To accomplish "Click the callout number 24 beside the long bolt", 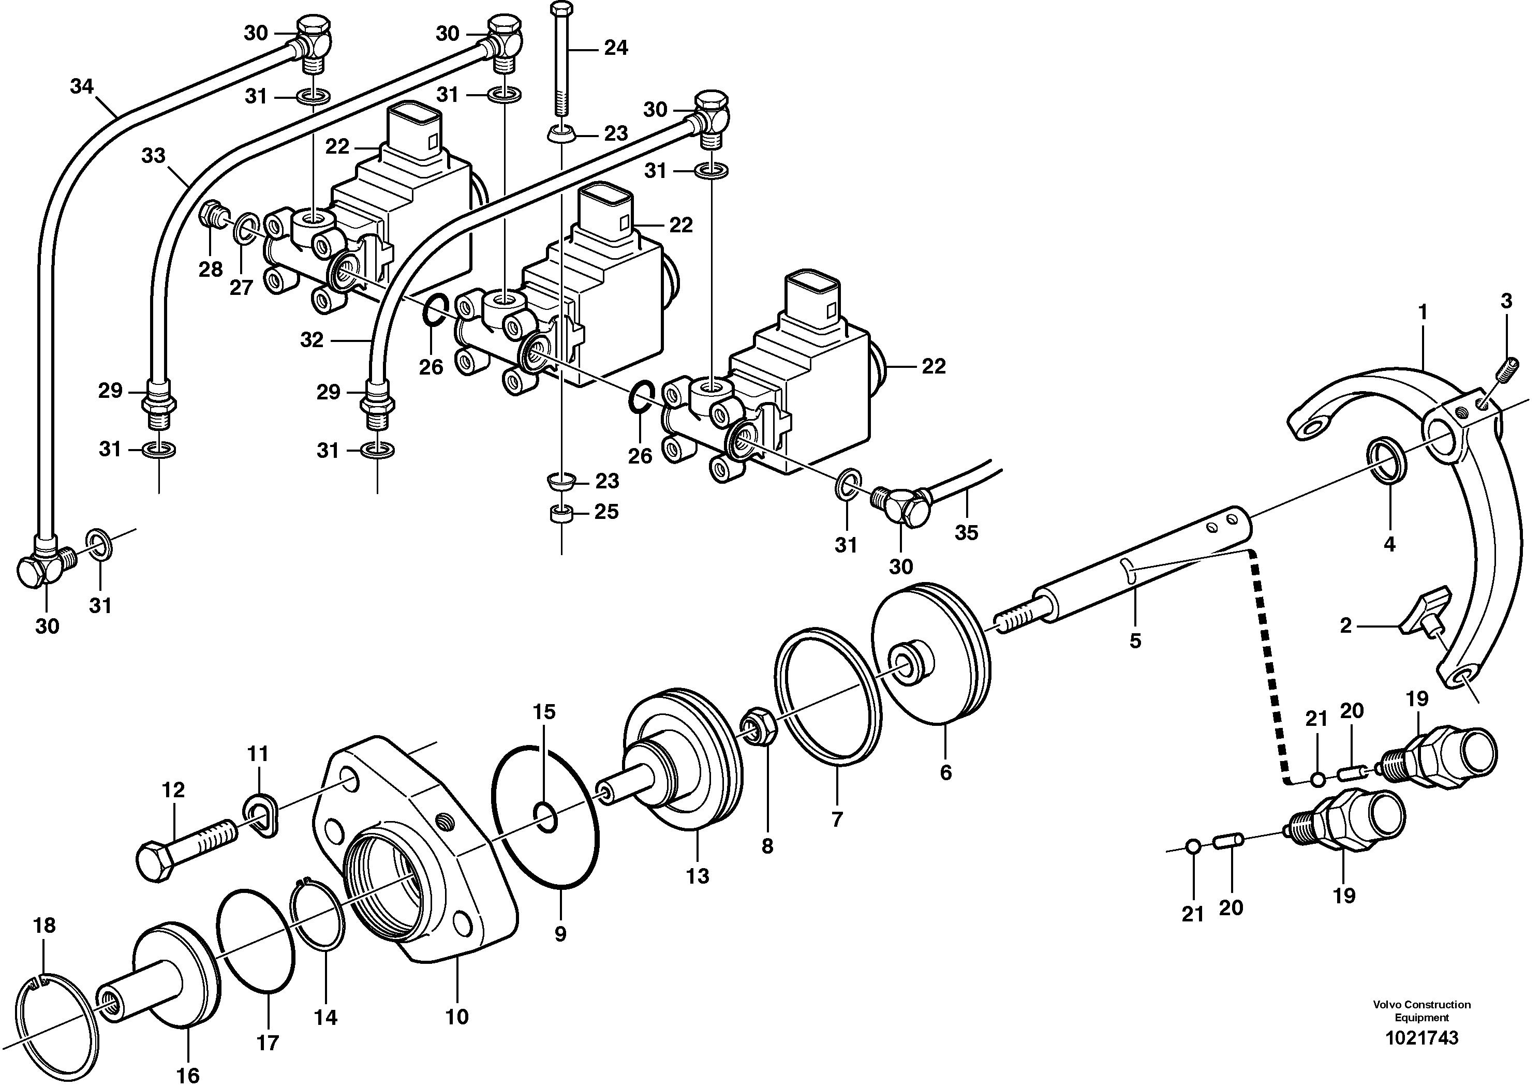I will (x=615, y=48).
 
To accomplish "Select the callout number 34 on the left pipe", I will (x=82, y=86).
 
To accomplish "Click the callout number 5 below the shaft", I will (x=1135, y=640).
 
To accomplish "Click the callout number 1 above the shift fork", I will (x=1422, y=312).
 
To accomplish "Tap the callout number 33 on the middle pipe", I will (x=153, y=156).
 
